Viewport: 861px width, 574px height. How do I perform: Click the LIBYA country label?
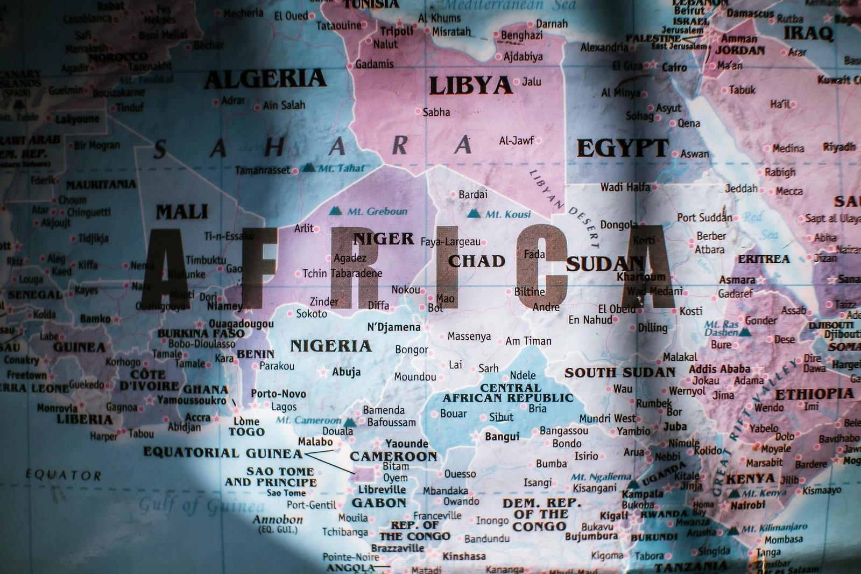tap(470, 86)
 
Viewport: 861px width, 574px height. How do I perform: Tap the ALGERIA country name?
tap(265, 79)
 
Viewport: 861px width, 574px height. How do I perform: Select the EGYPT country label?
tap(623, 148)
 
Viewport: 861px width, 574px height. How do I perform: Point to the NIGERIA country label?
tap(331, 346)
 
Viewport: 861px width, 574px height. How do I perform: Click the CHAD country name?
tap(477, 262)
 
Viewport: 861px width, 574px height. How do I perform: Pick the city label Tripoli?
tap(397, 31)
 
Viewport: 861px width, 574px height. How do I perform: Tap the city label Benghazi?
tap(521, 36)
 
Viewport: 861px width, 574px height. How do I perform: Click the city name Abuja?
tap(347, 372)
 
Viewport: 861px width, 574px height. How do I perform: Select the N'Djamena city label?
tap(393, 327)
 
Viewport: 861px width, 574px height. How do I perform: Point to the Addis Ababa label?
tap(719, 369)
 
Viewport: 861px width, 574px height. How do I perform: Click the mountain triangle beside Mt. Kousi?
tap(474, 213)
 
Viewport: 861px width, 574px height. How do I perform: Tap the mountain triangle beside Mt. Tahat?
tap(308, 167)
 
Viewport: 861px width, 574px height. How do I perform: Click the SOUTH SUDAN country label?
tap(619, 373)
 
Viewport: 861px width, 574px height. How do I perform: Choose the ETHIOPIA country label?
tap(814, 394)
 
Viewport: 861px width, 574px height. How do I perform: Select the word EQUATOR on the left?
tap(63, 475)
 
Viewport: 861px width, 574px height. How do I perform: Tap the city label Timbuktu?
tap(206, 260)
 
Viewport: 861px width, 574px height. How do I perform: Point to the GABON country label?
tap(379, 503)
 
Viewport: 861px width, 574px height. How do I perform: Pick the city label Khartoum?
tap(641, 277)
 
